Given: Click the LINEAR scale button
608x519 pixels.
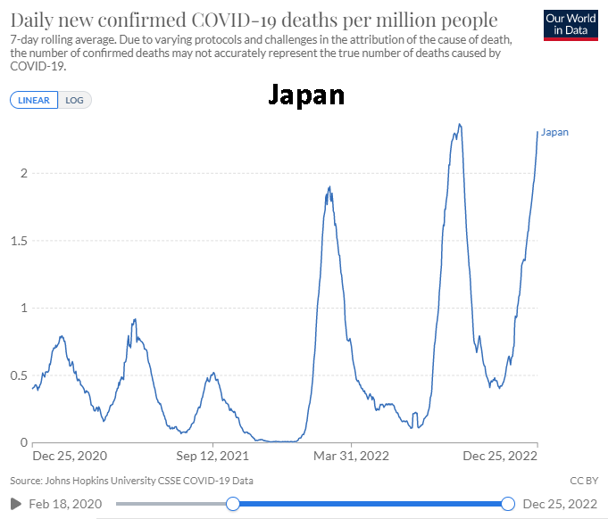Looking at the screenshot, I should tap(34, 100).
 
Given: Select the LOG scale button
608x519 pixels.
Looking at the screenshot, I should tap(75, 100).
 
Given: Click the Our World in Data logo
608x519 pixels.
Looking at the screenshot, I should tap(570, 25).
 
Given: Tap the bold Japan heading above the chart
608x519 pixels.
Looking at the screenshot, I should tap(306, 95).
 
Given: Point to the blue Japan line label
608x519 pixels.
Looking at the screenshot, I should tap(554, 132).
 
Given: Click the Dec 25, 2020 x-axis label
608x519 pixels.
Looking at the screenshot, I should tap(69, 457).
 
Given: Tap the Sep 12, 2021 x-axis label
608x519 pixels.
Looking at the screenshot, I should tap(212, 457).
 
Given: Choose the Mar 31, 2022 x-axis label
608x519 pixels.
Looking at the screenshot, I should tap(353, 457).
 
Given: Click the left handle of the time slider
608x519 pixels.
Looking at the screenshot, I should tap(233, 504).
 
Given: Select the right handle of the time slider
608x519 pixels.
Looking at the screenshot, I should tap(508, 504).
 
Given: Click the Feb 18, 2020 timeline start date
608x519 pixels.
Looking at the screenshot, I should tap(66, 504).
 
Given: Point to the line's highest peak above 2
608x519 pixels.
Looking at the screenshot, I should tap(459, 125).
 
